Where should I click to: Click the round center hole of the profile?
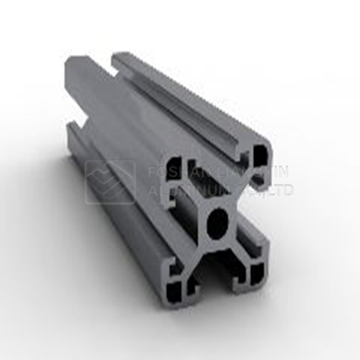pos(219,221)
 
